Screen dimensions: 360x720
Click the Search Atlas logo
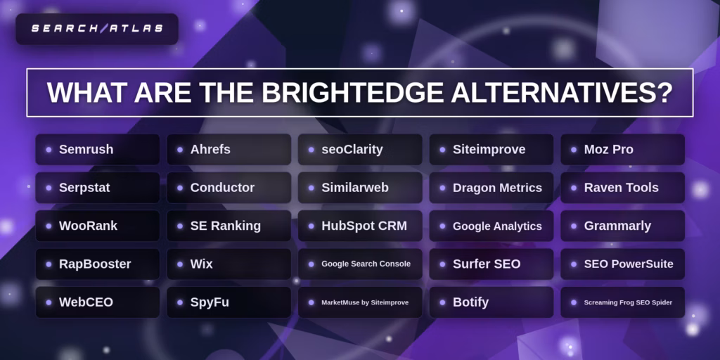coord(97,29)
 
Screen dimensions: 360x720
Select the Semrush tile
coord(97,150)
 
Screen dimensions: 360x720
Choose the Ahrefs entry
coord(229,150)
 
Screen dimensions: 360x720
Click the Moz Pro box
coord(622,150)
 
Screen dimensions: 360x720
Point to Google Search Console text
coord(366,264)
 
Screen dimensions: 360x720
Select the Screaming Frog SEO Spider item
coord(628,302)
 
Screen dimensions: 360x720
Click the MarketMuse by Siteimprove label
coord(365,302)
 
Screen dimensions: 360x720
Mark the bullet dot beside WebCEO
coord(49,302)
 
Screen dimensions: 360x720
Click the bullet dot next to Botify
coord(442,302)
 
